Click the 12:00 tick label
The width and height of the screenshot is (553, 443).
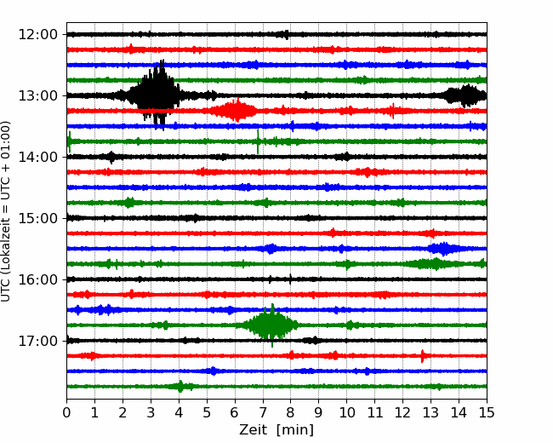[x=37, y=35]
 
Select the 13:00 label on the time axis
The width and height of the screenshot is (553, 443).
[x=37, y=95]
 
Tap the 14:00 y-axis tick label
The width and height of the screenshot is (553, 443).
[x=37, y=158]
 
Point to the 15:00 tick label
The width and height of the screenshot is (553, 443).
[x=37, y=218]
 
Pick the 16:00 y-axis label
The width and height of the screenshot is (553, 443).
[x=37, y=279]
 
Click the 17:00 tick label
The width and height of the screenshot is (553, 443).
[x=37, y=342]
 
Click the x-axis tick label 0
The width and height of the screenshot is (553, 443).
[x=66, y=412]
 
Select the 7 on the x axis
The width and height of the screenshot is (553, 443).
[x=263, y=412]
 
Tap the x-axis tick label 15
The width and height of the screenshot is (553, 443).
[x=487, y=412]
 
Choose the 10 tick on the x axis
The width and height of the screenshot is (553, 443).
[x=346, y=412]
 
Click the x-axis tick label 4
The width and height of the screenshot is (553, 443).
[x=179, y=412]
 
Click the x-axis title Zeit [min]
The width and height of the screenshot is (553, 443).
[x=276, y=430]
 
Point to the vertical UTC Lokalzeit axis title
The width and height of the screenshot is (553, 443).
[x=6, y=211]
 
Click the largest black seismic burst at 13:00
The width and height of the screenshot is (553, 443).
[x=155, y=95]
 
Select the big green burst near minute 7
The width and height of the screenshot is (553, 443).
[x=271, y=325]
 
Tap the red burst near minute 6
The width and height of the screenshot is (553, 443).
[x=235, y=110]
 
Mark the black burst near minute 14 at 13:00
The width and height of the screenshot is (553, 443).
[x=465, y=95]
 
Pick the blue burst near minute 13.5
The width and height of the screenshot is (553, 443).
[x=443, y=249]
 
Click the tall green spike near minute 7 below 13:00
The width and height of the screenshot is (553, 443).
[x=258, y=141]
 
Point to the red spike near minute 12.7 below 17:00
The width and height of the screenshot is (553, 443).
[x=422, y=356]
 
